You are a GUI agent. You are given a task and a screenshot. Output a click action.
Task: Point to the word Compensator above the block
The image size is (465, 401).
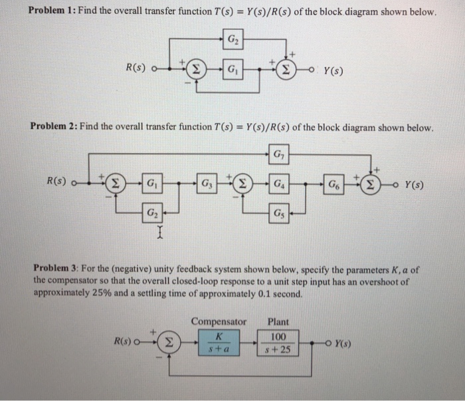[219, 322]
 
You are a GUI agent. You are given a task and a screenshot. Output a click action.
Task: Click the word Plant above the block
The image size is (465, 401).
[278, 322]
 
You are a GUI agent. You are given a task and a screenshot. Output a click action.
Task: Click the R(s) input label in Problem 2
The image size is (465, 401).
[55, 180]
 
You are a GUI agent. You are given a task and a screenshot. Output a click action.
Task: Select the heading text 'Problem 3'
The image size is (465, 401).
[54, 269]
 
